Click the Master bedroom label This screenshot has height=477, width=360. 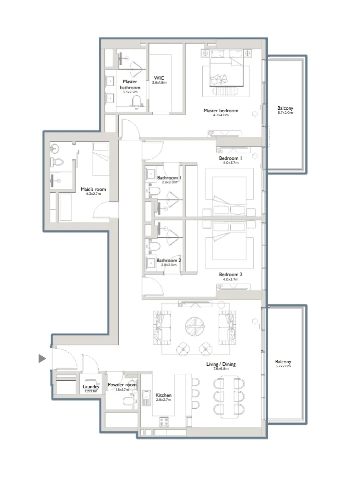coord(221,111)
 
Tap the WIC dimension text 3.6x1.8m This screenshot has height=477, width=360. coord(159,83)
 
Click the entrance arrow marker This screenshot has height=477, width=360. coord(42,358)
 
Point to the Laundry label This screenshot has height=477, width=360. coord(91,387)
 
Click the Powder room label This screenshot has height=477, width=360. coord(122,385)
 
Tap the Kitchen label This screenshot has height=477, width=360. coord(163,395)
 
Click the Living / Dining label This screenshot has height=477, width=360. coord(221,364)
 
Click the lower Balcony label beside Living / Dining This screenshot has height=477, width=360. coord(283,362)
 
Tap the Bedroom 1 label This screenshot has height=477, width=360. coord(231,158)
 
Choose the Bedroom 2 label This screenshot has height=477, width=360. coord(231,275)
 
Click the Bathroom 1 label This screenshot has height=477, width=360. coord(169,178)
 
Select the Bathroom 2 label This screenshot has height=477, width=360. coord(168,261)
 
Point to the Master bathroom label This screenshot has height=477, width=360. coord(130,85)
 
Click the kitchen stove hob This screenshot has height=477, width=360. coord(164,421)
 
